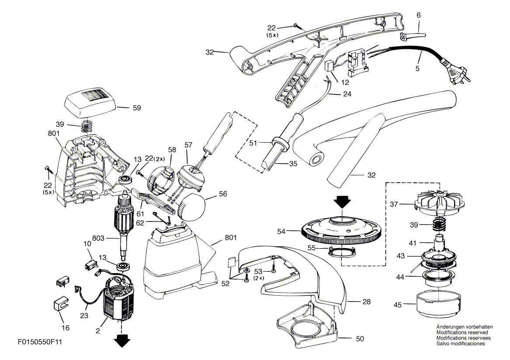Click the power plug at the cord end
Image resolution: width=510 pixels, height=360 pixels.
pos(458,73)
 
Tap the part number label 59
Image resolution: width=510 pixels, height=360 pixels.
pos(137,107)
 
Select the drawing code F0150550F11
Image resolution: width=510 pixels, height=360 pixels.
pos(40,342)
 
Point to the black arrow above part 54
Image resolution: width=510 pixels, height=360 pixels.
pos(343,203)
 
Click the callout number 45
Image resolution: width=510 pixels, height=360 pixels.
pos(397,305)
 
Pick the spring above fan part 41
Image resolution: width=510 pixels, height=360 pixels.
pos(437,225)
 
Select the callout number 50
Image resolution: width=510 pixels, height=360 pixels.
pos(360,339)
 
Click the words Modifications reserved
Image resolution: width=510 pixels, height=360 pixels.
pos(462,332)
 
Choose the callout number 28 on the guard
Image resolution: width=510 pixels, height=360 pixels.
pos(367,302)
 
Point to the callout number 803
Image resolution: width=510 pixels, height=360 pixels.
pos(98,238)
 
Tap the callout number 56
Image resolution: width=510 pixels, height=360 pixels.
pos(223,194)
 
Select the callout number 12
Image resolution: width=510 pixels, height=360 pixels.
pos(345,83)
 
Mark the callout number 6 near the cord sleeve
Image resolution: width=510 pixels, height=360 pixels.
pos(419,15)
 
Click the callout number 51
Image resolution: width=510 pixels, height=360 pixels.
pos(253,143)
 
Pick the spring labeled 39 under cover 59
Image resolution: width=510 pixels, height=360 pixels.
pos(86,125)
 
